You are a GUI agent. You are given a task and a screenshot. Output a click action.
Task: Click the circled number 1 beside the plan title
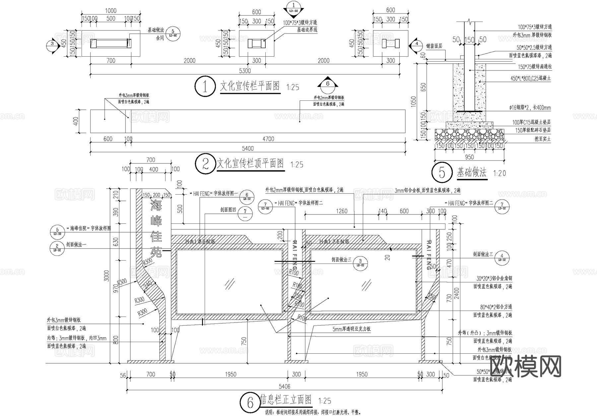[205, 87]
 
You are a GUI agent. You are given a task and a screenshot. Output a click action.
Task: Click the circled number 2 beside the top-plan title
[206, 164]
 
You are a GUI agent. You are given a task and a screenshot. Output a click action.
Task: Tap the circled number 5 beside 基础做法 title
[442, 173]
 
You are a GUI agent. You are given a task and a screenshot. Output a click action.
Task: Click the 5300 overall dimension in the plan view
[245, 71]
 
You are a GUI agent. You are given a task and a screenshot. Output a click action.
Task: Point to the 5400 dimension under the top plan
[247, 149]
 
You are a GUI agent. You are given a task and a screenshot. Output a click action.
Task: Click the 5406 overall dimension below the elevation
[284, 386]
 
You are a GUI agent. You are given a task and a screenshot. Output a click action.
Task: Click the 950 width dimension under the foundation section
[469, 157]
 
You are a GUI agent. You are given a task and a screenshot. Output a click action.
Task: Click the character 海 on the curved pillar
[156, 206]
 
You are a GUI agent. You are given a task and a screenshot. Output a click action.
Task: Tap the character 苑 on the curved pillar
[156, 252]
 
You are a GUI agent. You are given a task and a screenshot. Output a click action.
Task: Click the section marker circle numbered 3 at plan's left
[52, 43]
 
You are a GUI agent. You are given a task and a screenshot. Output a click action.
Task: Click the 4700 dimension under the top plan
[268, 139]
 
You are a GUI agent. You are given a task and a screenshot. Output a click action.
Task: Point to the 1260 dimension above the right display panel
[342, 211]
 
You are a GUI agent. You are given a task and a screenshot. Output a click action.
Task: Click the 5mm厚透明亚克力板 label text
[352, 329]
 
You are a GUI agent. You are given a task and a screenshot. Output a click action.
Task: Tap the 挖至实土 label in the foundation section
[542, 139]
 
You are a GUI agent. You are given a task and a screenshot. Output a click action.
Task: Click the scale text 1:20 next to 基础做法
[499, 173]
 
